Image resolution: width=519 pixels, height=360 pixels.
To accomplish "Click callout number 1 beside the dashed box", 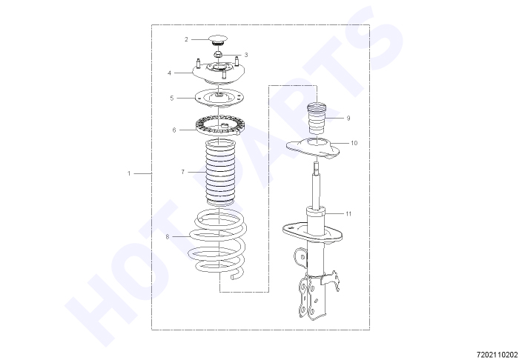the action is pos(129,173).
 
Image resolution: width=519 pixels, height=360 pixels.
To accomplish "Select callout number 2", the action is pos(186,39).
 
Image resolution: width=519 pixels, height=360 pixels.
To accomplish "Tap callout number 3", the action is pos(246,55).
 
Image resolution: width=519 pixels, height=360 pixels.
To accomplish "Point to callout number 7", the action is pos(182,172).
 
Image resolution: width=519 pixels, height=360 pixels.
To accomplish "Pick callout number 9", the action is pos(348,118).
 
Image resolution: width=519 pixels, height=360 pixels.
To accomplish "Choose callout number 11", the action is pos(348,214).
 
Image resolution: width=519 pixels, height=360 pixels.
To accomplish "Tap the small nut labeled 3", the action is pos(217,55).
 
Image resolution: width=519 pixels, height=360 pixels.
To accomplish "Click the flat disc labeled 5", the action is pos(219,99).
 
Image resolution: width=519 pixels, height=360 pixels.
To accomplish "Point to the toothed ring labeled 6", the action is pos(220,126).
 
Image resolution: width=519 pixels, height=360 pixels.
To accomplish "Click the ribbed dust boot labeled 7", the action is pos(220,173).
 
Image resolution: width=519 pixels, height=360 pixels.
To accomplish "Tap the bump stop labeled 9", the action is pos(317,119).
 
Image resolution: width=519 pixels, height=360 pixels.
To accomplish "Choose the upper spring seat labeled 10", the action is pos(313,148).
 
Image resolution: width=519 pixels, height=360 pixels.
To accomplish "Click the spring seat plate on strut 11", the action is pos(312,233).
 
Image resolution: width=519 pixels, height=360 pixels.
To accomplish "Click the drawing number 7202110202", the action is pos(497,355).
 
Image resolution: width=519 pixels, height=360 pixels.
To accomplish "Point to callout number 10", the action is pos(354,143).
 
